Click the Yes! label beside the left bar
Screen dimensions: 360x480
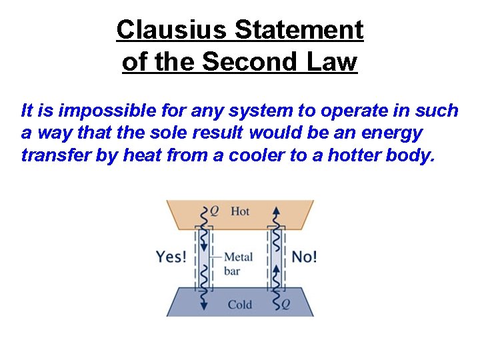click(x=171, y=257)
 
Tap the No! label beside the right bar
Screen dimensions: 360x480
click(x=304, y=257)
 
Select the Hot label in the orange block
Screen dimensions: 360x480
click(x=239, y=211)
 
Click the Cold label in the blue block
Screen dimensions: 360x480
click(x=239, y=305)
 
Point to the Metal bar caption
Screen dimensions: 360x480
click(x=237, y=263)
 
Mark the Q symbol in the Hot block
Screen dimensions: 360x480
click(x=214, y=211)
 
